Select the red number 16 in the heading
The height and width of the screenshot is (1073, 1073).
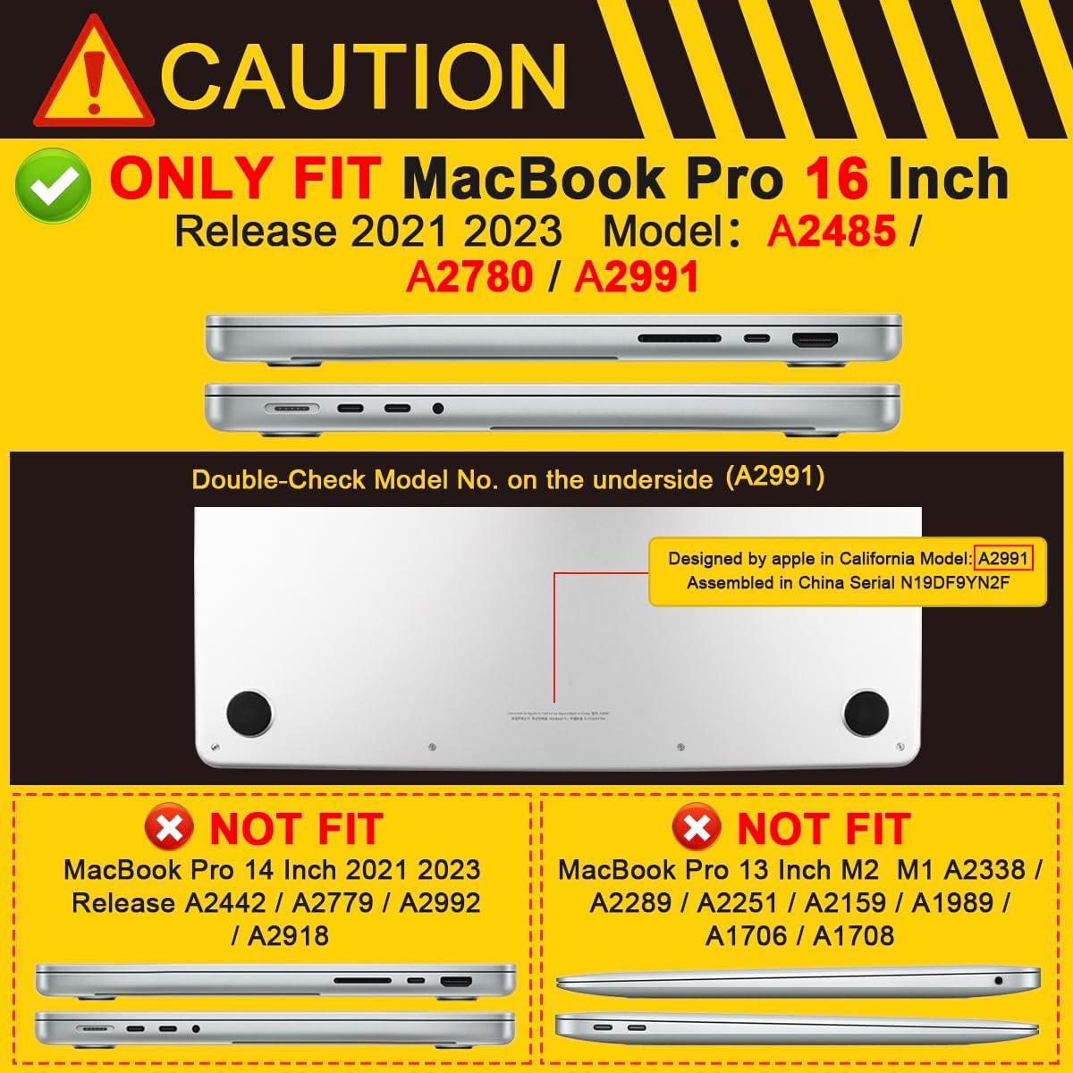coord(835,179)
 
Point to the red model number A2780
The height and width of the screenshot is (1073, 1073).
coord(469,277)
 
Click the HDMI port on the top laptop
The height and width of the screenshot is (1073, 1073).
coord(815,340)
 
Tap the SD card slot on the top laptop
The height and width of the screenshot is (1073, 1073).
coord(680,340)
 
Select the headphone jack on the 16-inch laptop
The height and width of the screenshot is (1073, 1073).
coord(437,409)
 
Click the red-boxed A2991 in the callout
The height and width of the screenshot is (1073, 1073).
coord(1004,559)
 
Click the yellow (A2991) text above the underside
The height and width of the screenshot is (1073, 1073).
coord(774,477)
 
